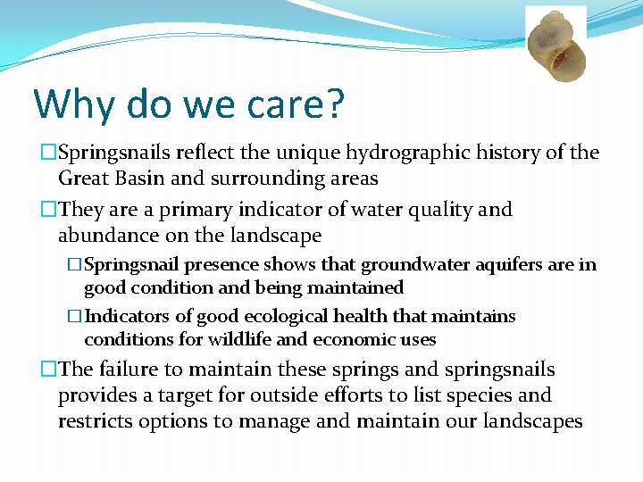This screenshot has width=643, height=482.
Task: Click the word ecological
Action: [285, 317]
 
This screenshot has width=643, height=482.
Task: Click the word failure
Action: [127, 370]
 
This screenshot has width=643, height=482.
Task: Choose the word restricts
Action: [95, 420]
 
